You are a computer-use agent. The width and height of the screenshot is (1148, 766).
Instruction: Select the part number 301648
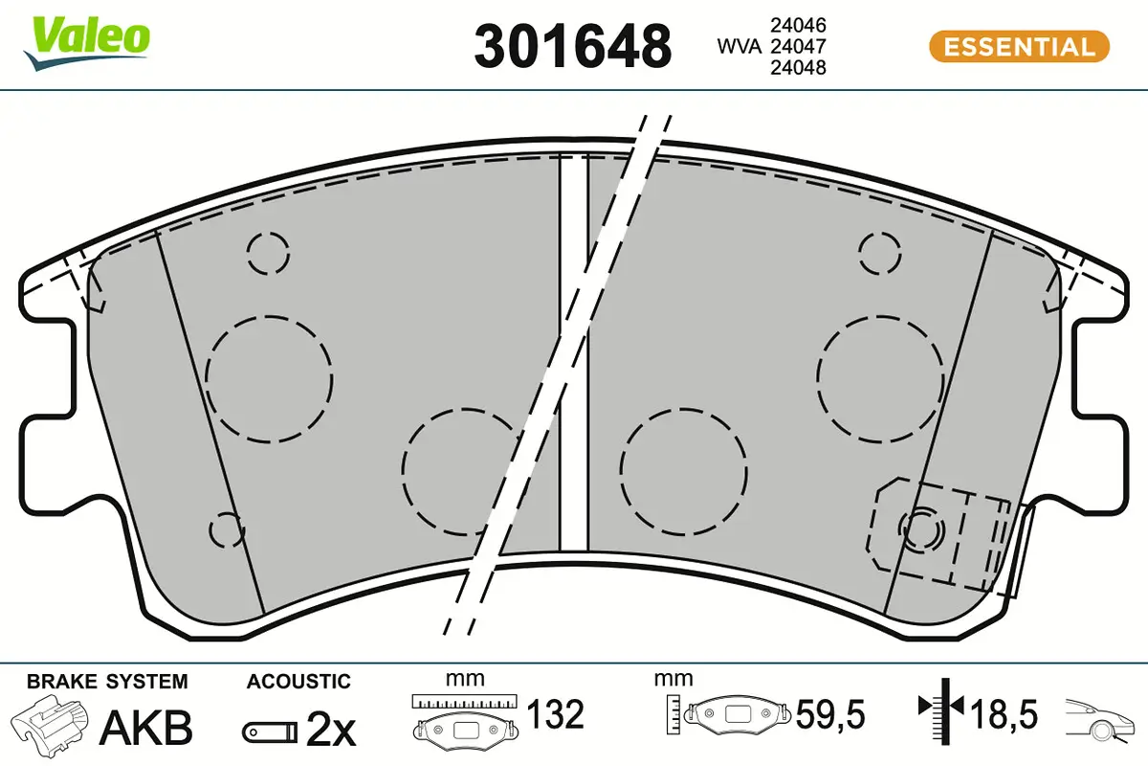click(x=573, y=45)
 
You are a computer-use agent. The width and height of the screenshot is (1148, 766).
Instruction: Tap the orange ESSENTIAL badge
click(x=1019, y=46)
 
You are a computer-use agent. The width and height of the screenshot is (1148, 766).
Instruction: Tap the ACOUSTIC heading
click(x=298, y=682)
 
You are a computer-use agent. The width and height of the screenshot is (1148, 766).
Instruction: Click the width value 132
click(x=556, y=714)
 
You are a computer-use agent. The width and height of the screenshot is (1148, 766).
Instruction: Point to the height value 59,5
click(x=831, y=714)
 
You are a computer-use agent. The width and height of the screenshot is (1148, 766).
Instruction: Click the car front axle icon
click(x=1101, y=718)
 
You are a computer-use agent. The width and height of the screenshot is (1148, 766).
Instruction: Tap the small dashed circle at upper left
click(x=267, y=253)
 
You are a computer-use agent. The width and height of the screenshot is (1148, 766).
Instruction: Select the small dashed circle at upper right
click(x=880, y=253)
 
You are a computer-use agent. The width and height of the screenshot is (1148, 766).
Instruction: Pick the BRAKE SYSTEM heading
click(x=107, y=682)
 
